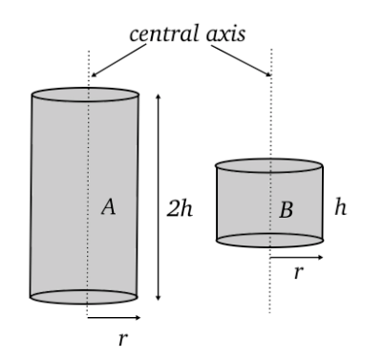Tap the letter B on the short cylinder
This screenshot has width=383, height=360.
[286, 210]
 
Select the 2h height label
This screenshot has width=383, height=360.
[180, 209]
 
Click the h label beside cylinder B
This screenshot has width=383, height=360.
[341, 208]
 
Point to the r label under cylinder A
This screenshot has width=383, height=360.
[121, 340]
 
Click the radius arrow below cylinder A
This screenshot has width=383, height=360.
[115, 316]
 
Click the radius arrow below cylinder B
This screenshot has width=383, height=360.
[296, 256]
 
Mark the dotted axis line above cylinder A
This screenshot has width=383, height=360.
[87, 67]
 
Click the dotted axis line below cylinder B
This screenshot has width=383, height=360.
[270, 286]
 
